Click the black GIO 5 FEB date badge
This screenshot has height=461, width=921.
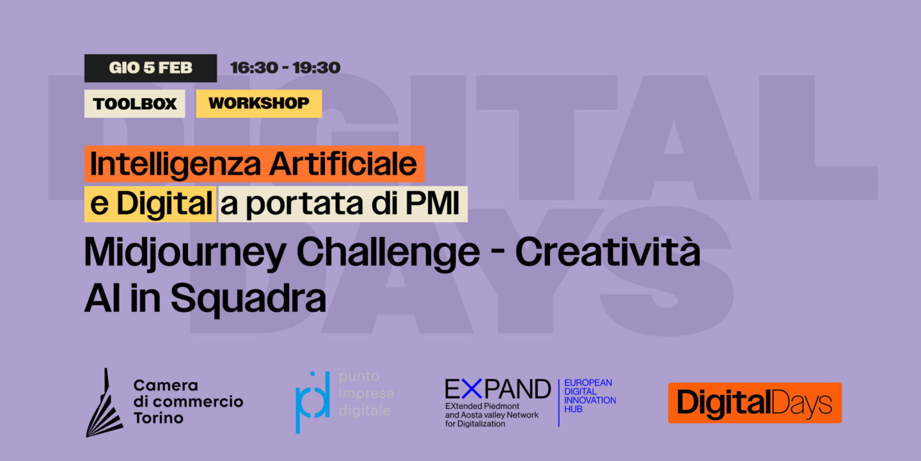(150, 68)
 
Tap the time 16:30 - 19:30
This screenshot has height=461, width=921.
(285, 68)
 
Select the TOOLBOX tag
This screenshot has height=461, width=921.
(134, 104)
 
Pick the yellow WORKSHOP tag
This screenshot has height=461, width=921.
(258, 103)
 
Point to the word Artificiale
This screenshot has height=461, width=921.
(343, 165)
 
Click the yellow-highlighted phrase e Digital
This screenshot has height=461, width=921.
(150, 205)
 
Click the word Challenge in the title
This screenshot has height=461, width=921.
(388, 254)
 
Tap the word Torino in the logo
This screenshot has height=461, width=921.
(158, 418)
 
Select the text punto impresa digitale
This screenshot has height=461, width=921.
(366, 394)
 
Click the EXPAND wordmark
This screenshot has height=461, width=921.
(497, 389)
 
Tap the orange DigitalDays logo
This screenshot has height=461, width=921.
(755, 403)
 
